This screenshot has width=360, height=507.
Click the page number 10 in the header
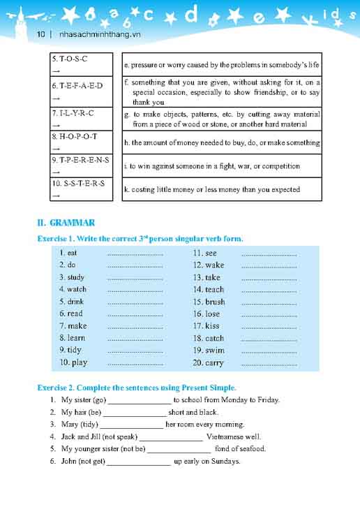click(40, 34)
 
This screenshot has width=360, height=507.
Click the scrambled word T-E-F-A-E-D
click(77, 85)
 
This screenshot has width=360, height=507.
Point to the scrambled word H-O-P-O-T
click(74, 136)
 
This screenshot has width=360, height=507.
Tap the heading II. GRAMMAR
click(66, 223)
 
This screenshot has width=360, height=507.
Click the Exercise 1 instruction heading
click(140, 239)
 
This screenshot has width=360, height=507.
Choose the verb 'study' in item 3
click(75, 277)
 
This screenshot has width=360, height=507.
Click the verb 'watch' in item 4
click(77, 289)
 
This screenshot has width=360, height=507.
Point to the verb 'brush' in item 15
click(215, 302)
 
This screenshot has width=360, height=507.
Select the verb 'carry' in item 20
click(214, 362)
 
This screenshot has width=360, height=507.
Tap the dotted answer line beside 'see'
click(269, 253)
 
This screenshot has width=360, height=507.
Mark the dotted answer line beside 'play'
click(135, 363)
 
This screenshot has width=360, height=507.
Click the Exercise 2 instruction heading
click(137, 388)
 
